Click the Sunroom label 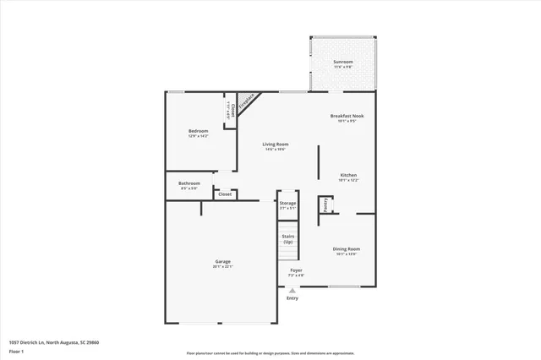coord(342,62)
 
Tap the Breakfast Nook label coord(347,116)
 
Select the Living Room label coord(276,145)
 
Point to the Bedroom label coord(198,131)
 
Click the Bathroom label coord(189,183)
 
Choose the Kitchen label coord(348,175)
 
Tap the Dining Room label coord(347,248)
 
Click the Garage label coord(222,262)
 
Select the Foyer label coord(296,270)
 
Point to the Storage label coord(288,203)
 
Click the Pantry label coord(325,205)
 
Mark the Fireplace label coord(247,103)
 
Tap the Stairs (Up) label coord(288,239)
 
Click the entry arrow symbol coord(292,290)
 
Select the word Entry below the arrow coord(292,298)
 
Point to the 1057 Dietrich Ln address coord(54,341)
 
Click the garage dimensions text coord(222,267)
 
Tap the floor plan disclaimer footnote coord(270,353)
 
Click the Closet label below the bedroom coord(225,194)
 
